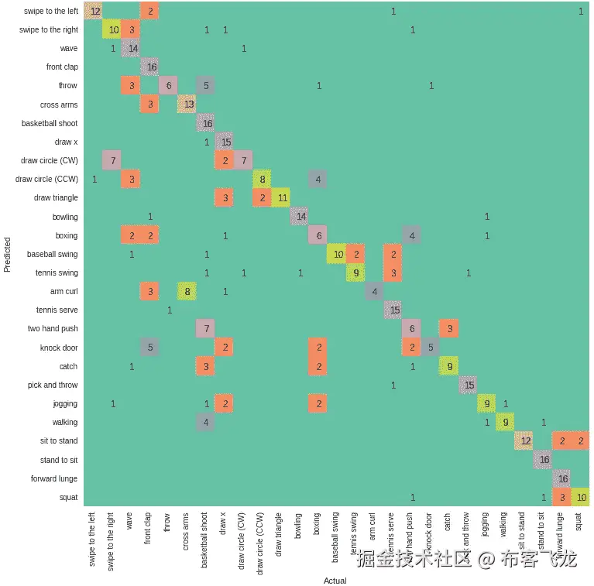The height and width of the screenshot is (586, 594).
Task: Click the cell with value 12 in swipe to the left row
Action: (x=94, y=11)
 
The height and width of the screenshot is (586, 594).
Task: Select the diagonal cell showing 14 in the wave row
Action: (x=132, y=48)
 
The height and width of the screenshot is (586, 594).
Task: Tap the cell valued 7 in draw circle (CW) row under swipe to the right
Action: (x=113, y=160)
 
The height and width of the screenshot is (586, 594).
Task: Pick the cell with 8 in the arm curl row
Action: (x=187, y=292)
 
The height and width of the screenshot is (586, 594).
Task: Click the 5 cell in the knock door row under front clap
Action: (x=150, y=348)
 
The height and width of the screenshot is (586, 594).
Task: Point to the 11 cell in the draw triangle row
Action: (x=281, y=198)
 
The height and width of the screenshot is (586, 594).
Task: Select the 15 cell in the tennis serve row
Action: (x=393, y=310)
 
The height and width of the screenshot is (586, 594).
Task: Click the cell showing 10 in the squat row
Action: (x=581, y=497)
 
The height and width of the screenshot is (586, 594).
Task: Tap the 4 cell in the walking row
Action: (x=206, y=423)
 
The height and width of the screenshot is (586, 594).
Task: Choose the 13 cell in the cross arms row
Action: (x=187, y=105)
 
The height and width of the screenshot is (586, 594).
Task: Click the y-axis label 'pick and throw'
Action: (x=53, y=385)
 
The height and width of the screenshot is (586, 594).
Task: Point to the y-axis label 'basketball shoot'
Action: (x=50, y=123)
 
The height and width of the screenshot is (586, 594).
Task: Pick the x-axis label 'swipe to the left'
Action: (x=93, y=539)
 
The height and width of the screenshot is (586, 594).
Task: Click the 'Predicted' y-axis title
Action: (x=8, y=255)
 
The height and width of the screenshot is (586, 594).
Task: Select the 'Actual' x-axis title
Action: (x=335, y=581)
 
